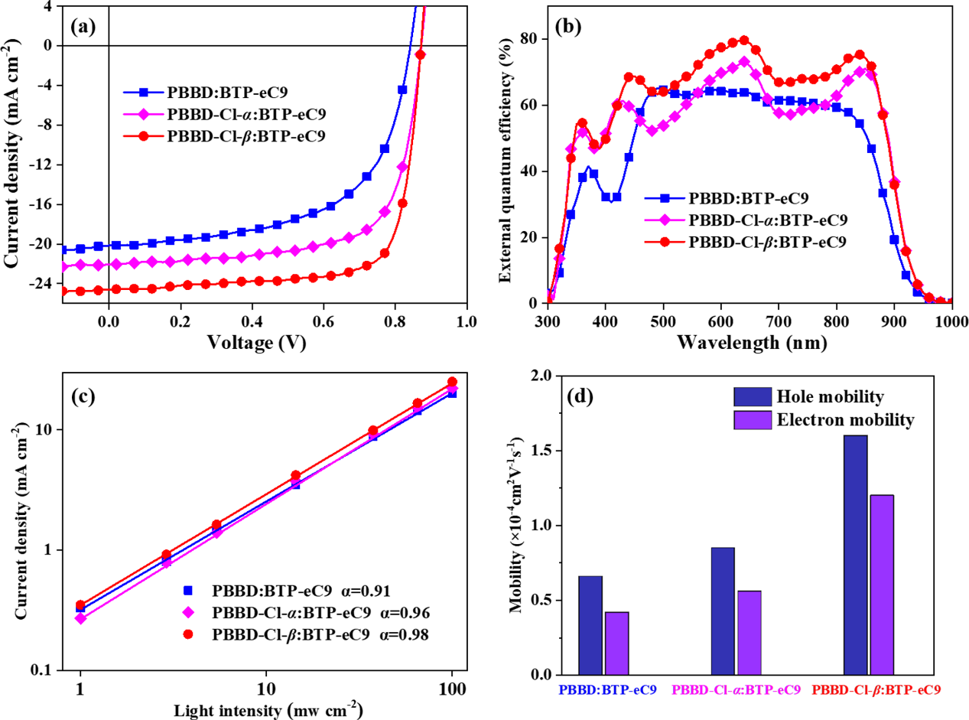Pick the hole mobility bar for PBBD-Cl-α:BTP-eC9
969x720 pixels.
coord(723,611)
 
